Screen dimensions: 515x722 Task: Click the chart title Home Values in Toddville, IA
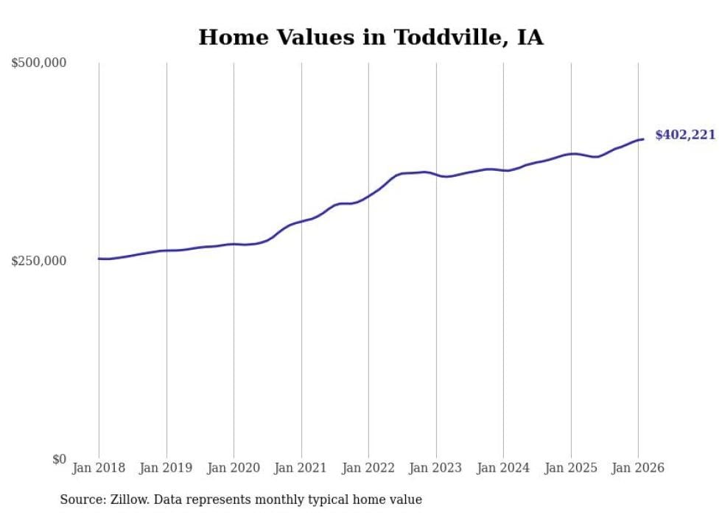tap(371, 38)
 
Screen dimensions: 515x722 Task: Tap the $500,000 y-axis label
tap(39, 63)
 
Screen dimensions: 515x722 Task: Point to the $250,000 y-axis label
tap(39, 261)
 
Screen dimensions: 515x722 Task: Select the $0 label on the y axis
tap(59, 459)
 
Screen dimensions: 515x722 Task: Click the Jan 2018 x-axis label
tap(99, 468)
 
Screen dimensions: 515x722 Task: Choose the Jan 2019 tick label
tap(167, 468)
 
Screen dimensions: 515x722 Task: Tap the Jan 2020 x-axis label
tap(234, 468)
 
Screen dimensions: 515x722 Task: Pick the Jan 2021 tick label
tap(301, 468)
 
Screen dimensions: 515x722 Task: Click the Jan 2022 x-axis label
tap(368, 468)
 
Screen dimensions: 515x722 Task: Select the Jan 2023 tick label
tap(436, 468)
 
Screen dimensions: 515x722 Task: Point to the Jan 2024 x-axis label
tap(503, 468)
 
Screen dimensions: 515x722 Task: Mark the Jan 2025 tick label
tap(571, 468)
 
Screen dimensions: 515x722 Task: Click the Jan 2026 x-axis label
tap(638, 468)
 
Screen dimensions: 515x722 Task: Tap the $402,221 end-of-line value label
tap(685, 135)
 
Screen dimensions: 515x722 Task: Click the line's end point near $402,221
tap(643, 139)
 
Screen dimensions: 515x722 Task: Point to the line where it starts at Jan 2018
tap(99, 259)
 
